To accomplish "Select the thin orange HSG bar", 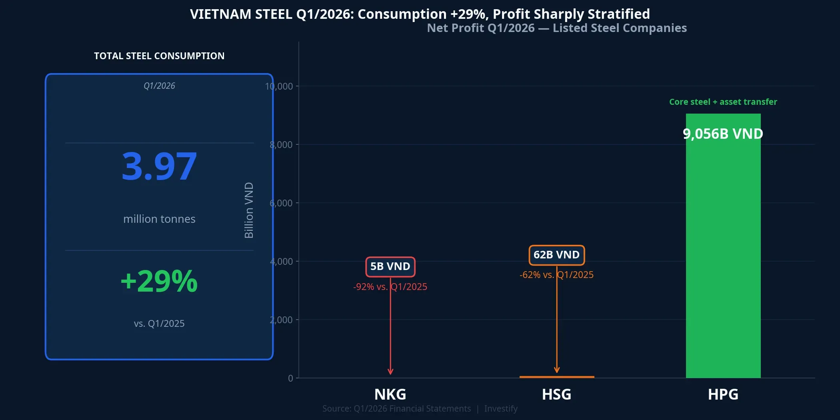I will (x=556, y=377).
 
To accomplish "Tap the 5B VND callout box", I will (x=390, y=266).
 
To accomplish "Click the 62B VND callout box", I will (x=556, y=255).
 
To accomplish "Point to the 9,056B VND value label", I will (x=723, y=134).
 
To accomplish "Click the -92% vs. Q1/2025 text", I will (x=390, y=287).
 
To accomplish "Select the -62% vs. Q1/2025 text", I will (x=556, y=275).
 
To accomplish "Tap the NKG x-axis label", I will (x=390, y=394).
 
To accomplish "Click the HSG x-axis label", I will (x=556, y=394).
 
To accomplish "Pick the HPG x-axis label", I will (x=723, y=394).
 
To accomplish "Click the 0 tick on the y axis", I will (x=290, y=378).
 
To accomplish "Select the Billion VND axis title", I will (x=249, y=210).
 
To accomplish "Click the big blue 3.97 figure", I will (x=159, y=166).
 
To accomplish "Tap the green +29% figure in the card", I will (x=159, y=281).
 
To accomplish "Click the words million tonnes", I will (x=159, y=219).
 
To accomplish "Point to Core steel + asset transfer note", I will (x=723, y=102).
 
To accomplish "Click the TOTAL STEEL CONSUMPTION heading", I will (x=159, y=56).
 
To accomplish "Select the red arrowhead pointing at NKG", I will (x=390, y=372).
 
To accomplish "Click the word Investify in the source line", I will (x=501, y=408).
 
